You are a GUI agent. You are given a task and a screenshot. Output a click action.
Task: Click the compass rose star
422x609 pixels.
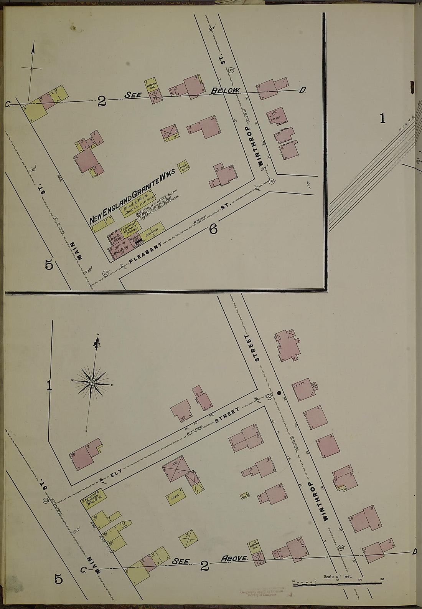tap(92, 383)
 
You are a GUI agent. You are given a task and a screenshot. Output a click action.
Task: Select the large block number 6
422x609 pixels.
tap(213, 229)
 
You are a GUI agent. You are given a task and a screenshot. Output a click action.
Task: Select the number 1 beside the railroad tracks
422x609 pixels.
tap(382, 119)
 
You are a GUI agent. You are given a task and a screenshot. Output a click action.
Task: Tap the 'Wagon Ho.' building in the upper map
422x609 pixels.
tap(150, 86)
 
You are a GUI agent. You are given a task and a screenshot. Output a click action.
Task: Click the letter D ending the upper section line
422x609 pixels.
tap(303, 91)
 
